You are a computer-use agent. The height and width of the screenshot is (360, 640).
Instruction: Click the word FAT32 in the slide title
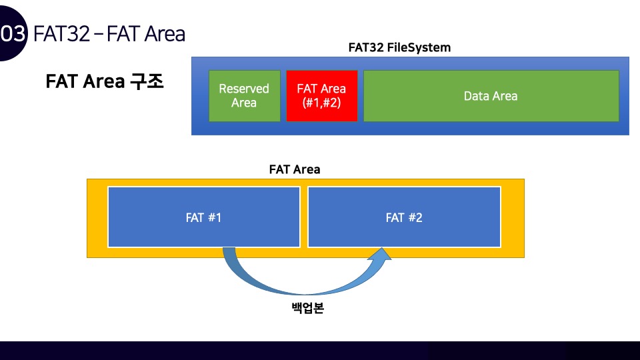coord(61,33)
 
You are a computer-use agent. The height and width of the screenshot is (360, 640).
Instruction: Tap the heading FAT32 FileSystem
coord(399,47)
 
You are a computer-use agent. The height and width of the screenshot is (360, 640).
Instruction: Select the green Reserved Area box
coord(244,95)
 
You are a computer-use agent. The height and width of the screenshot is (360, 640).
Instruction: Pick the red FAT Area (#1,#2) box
coord(321,95)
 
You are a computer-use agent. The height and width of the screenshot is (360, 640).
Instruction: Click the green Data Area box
coord(491,95)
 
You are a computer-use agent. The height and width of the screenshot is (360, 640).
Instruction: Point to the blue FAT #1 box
coord(203,217)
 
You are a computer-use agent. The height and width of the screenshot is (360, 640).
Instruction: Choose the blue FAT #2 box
coord(404,217)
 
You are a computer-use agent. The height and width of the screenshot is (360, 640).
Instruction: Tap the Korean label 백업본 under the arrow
coord(307,309)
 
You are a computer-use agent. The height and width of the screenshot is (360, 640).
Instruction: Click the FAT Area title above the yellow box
coord(295,169)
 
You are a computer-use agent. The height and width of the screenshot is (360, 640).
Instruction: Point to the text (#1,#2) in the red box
coord(321,103)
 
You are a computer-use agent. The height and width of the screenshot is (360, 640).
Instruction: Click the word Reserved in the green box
coord(244,89)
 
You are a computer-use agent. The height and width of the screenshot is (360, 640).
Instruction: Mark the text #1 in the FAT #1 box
coord(213,217)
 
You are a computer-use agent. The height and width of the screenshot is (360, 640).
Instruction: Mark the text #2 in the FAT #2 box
coord(414,217)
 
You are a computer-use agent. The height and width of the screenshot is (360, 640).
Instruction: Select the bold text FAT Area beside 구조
coord(85,81)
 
